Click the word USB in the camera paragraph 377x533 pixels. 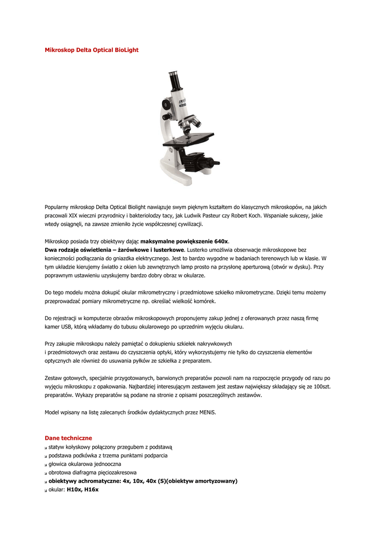(70, 327)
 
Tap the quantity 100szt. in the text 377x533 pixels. (320, 387)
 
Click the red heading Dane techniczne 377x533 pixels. (68, 438)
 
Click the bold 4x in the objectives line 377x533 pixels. (130, 481)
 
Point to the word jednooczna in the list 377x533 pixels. (104, 464)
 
